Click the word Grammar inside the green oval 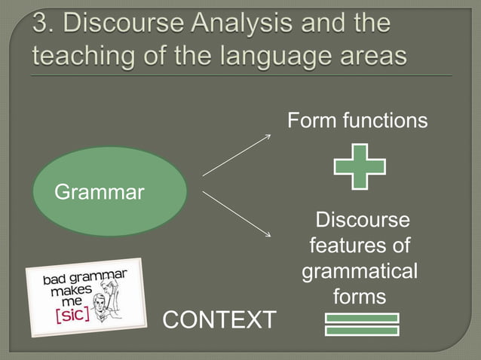click(x=99, y=193)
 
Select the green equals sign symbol click(x=361, y=324)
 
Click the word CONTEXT click(x=219, y=319)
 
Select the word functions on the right click(x=384, y=121)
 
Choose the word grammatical click(x=360, y=270)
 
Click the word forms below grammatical click(x=360, y=297)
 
